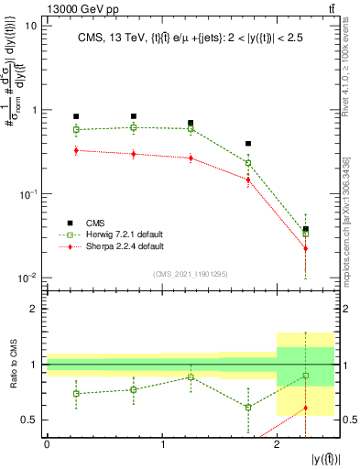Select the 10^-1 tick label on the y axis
27,194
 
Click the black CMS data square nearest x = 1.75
248,144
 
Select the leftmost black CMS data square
76,117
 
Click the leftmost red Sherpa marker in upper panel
76,150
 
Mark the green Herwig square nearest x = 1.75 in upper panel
248,163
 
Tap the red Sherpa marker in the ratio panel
306,408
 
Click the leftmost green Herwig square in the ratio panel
76,394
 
